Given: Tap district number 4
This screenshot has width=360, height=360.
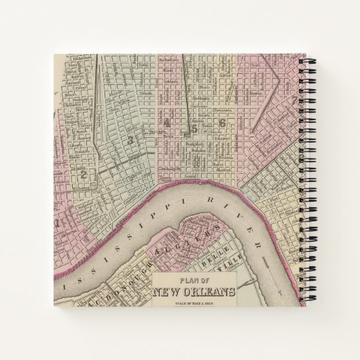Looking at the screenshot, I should point(166,122).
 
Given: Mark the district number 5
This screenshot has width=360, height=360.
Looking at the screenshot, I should point(194,126).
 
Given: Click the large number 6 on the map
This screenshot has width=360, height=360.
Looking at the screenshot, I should point(221,122).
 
